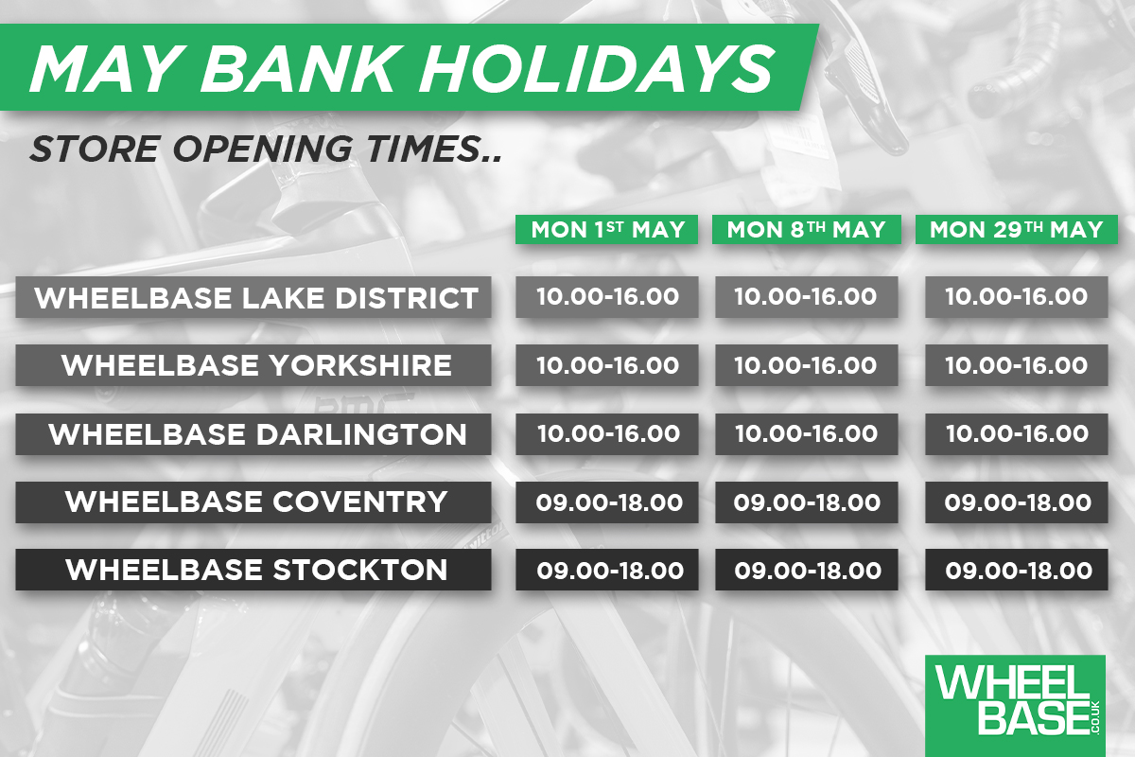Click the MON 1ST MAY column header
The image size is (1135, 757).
click(606, 230)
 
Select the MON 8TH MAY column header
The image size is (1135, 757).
click(806, 230)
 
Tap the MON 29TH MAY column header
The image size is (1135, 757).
click(1017, 230)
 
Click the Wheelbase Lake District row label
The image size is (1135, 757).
click(253, 297)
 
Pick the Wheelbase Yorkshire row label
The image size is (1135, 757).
click(253, 365)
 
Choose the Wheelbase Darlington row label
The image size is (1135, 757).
click(253, 434)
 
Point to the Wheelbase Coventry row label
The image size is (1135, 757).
click(253, 502)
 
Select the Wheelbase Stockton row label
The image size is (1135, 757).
click(253, 570)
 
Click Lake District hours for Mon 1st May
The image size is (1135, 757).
click(607, 297)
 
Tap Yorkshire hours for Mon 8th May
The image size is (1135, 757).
click(806, 365)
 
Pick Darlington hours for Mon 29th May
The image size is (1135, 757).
click(1017, 434)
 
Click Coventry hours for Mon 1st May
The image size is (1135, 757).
click(607, 502)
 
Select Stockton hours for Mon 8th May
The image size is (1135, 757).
click(806, 570)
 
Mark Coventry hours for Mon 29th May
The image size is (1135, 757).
click(1017, 502)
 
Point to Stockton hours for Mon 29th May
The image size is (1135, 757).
click(1017, 570)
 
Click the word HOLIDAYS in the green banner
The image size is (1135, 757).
click(596, 69)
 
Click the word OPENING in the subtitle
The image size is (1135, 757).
click(262, 150)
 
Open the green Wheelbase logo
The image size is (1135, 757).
click(1015, 706)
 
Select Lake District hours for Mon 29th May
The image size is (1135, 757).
click(1017, 297)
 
